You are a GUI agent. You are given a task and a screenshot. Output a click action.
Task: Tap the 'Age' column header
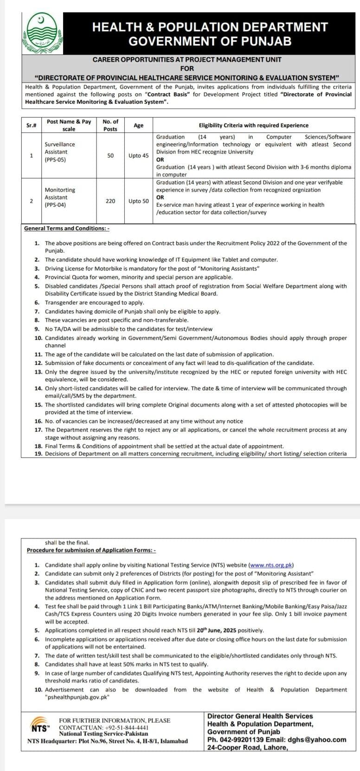[x=138, y=125]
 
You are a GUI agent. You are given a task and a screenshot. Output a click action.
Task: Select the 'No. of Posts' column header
[x=110, y=125]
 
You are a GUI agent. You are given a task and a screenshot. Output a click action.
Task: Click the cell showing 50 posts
[x=110, y=156]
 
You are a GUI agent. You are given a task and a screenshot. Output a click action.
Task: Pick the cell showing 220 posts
[x=110, y=201]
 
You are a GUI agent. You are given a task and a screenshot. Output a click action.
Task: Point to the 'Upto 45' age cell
[x=138, y=156]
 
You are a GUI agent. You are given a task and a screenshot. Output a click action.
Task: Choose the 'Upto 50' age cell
[x=138, y=201]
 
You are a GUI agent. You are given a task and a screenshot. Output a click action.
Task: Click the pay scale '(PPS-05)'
[x=55, y=159]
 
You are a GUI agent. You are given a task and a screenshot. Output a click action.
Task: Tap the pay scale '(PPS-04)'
[x=55, y=205]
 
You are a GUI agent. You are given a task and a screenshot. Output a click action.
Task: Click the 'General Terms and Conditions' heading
[x=66, y=228]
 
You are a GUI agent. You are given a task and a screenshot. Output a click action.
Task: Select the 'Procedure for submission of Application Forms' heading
[x=91, y=550]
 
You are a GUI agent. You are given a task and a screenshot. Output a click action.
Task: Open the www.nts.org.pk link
[x=271, y=565]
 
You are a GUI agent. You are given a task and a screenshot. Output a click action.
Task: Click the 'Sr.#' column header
[x=31, y=125]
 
